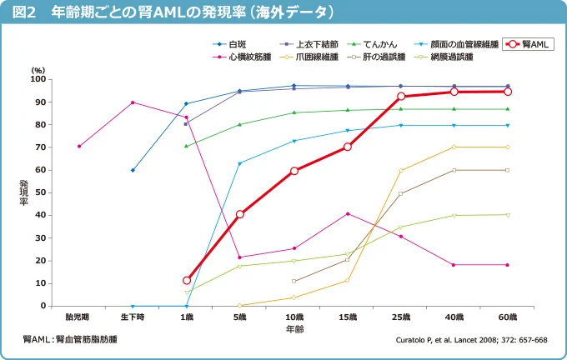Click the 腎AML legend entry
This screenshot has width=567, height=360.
tap(529, 44)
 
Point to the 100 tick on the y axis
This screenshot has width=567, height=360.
tap(38, 79)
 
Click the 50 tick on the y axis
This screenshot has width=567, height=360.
tap(39, 192)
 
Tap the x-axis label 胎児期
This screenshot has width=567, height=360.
tap(78, 317)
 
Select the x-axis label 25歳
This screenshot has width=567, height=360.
tap(402, 317)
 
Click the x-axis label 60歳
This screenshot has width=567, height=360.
tap(508, 317)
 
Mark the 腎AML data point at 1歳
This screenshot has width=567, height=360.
tap(187, 280)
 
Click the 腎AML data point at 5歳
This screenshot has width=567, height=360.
tap(240, 214)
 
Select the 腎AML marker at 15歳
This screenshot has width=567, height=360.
tap(348, 147)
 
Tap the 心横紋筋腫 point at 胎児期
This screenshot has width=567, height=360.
tap(79, 146)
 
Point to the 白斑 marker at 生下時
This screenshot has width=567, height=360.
tap(133, 170)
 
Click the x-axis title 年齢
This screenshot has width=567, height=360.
tap(294, 329)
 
